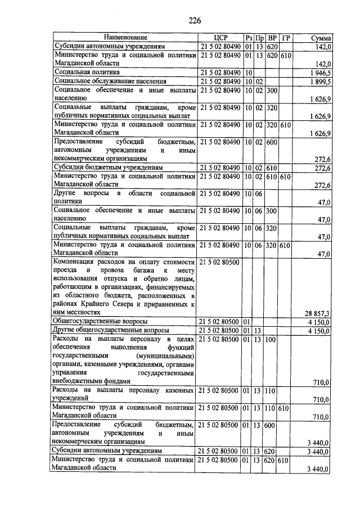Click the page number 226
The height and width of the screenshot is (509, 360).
click(195, 21)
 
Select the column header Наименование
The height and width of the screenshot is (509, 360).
click(124, 38)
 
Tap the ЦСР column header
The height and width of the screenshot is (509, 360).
click(220, 38)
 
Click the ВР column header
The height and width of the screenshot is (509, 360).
click(273, 38)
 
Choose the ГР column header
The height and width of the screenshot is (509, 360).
click(285, 38)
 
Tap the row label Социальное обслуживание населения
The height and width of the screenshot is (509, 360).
click(109, 82)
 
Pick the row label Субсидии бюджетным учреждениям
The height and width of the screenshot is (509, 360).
click(109, 168)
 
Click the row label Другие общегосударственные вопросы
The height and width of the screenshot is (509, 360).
click(111, 330)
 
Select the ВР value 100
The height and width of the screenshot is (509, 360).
click(272, 340)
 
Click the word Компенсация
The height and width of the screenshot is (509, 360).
click(76, 262)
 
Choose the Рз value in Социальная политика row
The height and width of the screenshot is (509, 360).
click(248, 73)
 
